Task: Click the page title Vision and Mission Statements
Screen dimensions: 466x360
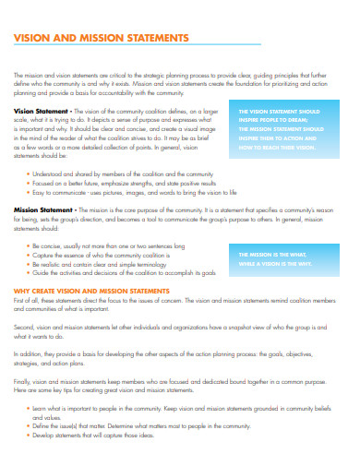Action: tap(102, 38)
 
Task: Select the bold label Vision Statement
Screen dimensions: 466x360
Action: tap(36, 110)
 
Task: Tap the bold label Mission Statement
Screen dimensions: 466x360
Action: tap(38, 209)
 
